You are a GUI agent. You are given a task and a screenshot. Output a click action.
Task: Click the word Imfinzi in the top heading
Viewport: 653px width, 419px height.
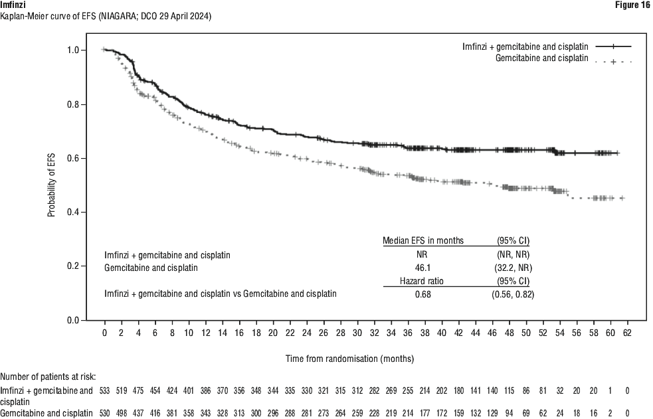point(12,5)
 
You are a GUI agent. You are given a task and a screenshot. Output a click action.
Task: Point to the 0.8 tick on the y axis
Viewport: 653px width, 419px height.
point(73,104)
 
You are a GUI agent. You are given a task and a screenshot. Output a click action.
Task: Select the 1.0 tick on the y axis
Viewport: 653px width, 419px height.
point(73,50)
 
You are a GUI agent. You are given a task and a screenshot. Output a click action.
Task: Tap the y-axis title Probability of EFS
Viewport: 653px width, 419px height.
point(51,185)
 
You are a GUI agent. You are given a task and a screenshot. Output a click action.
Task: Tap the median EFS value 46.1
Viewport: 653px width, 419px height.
point(422,268)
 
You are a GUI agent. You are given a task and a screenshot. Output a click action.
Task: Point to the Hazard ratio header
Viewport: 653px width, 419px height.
point(422,281)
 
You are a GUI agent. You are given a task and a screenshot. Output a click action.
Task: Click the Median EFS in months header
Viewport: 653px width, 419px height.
point(423,240)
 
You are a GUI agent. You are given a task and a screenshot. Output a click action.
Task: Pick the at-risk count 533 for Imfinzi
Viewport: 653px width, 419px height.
point(104,390)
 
